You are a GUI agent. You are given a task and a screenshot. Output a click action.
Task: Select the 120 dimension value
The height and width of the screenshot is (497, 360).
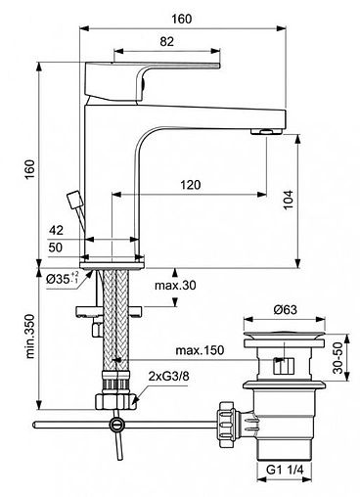tap(191, 185)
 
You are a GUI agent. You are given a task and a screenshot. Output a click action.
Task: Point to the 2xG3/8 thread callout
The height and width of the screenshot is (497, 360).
tap(168, 377)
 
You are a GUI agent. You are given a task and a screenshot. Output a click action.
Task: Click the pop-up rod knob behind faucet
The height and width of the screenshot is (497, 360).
tap(72, 202)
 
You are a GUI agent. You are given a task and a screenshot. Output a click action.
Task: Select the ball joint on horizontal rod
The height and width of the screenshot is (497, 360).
tap(117, 424)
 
